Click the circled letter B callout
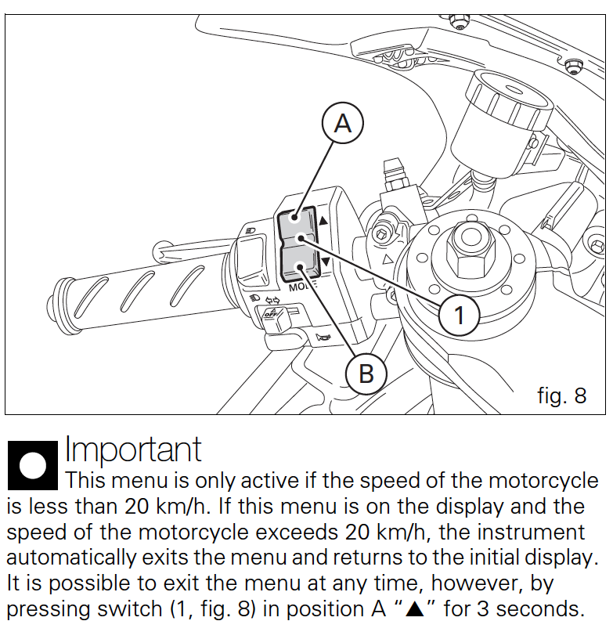366,374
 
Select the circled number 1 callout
460,315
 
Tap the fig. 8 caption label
561,395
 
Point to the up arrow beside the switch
323,222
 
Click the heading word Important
133,449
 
